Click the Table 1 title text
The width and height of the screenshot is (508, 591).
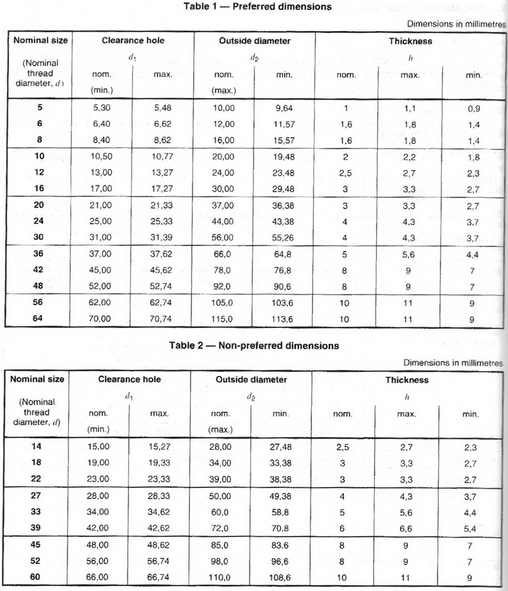257,7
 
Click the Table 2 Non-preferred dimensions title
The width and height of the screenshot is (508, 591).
254,345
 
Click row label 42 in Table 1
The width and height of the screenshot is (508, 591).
39,270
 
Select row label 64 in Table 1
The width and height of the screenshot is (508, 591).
39,318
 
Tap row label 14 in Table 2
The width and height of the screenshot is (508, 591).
36,446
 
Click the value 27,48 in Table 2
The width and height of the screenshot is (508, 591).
281,447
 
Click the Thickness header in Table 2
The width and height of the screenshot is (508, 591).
407,380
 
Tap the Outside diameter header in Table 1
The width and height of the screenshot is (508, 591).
255,40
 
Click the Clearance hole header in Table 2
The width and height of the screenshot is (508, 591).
129,379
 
